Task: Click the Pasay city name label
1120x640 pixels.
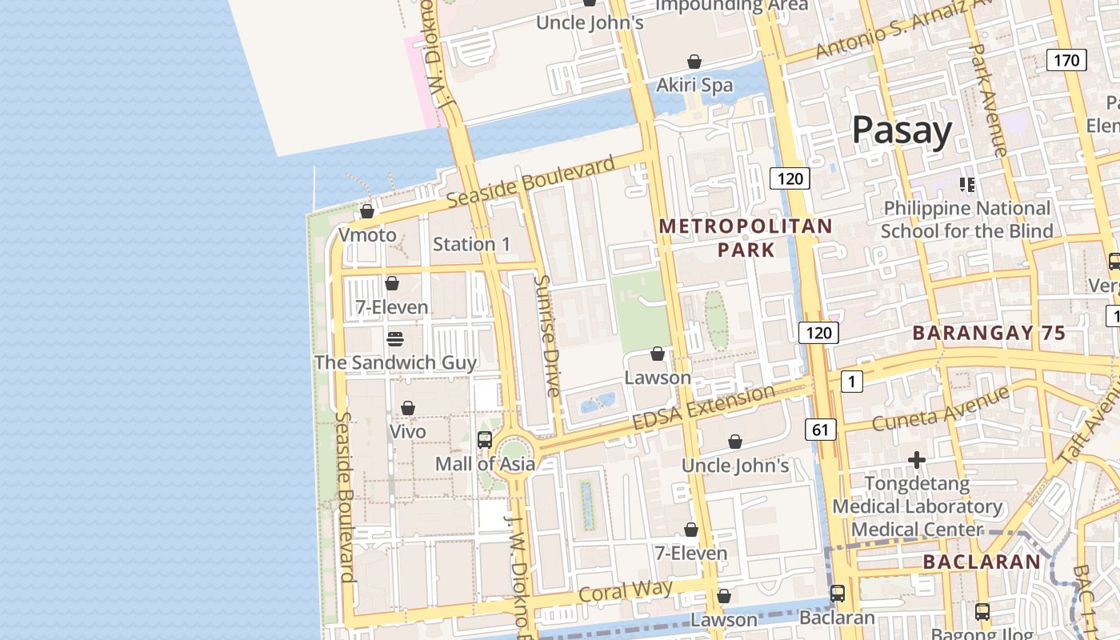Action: coord(902,130)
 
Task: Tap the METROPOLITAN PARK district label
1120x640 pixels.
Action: coord(746,238)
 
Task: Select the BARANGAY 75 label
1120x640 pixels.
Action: coord(989,333)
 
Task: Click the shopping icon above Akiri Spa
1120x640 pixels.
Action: coord(694,62)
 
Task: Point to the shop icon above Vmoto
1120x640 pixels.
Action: coord(367,211)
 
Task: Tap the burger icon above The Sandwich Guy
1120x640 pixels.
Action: coord(394,338)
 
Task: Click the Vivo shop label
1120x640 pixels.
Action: coord(407,431)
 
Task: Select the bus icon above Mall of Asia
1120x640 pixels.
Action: coord(485,439)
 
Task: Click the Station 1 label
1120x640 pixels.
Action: coord(471,244)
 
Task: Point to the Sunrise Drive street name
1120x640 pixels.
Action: coord(548,336)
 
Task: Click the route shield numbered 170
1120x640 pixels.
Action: coord(1066,60)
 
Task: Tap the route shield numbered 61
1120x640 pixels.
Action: coord(820,430)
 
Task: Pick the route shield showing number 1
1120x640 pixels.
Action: coord(852,382)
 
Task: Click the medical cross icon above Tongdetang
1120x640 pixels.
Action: coord(917,460)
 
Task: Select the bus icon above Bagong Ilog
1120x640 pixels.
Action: coord(982,611)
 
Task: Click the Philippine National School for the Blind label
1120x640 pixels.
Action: coord(966,220)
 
